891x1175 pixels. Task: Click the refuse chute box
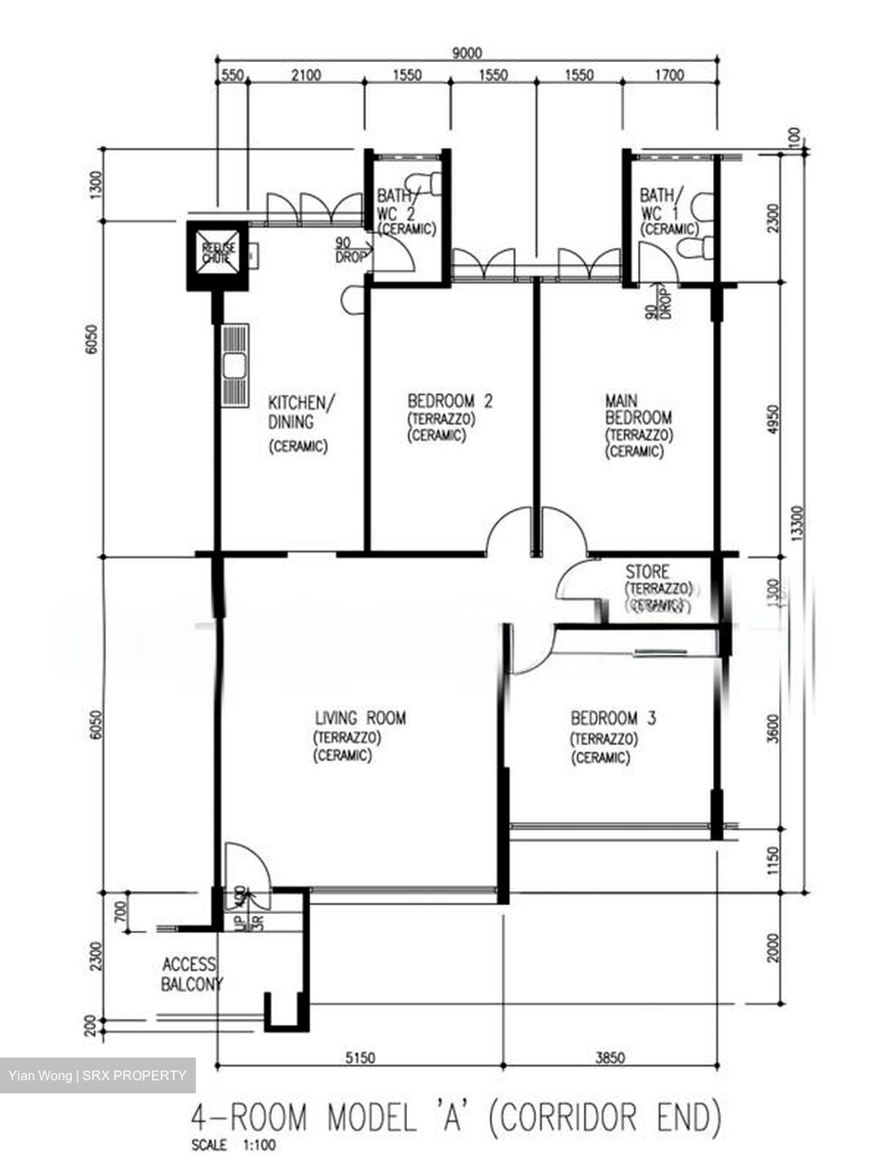(x=218, y=255)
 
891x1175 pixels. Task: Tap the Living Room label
(x=360, y=719)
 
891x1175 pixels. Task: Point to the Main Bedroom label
(x=638, y=409)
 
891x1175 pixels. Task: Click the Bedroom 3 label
(x=613, y=719)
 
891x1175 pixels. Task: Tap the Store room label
(x=647, y=571)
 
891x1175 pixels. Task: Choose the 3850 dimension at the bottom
(x=610, y=1058)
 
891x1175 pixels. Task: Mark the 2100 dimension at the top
(x=306, y=76)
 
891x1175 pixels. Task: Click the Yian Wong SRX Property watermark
(x=97, y=1075)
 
